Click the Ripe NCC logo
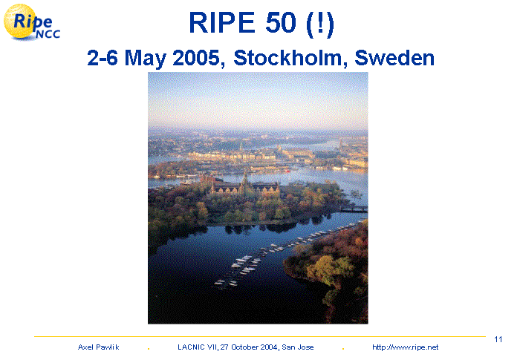[32, 22]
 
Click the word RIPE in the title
[221, 22]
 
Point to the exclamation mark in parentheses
[320, 24]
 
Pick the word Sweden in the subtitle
[394, 58]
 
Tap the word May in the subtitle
[146, 59]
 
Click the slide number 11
[498, 339]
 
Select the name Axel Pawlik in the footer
[99, 347]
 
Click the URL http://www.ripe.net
[406, 347]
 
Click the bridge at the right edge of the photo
[354, 209]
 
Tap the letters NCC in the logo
[48, 34]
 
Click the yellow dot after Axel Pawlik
[149, 349]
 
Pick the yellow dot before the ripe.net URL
[343, 349]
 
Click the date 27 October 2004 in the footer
[249, 347]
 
